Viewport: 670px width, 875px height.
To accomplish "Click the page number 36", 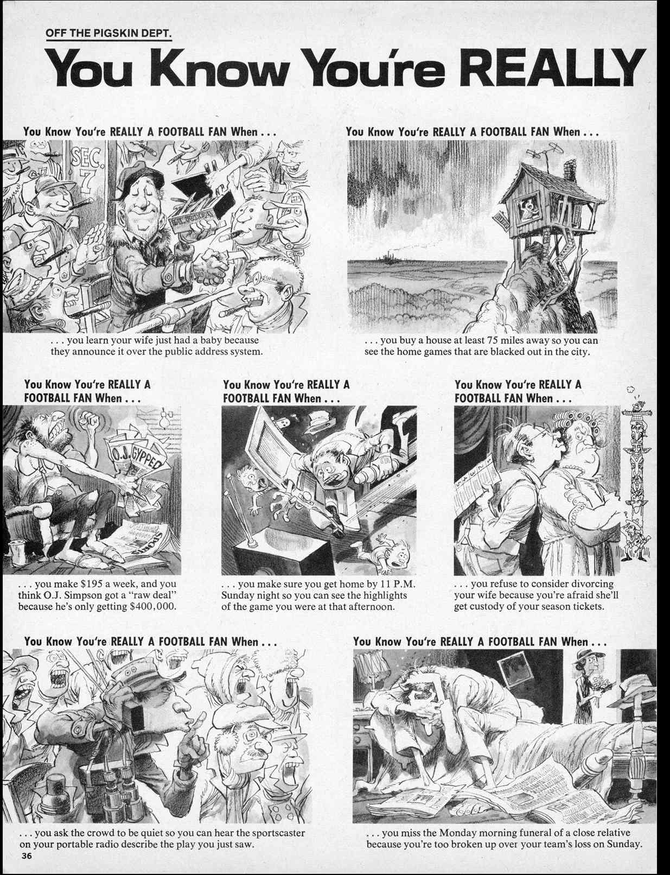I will coord(27,857).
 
